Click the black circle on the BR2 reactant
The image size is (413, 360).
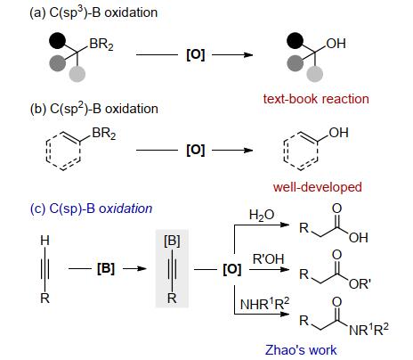pos(57,41)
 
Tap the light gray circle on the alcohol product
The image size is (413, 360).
pos(314,74)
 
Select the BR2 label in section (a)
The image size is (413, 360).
pos(101,45)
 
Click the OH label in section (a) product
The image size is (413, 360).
pos(336,44)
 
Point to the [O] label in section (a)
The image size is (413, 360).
pos(196,54)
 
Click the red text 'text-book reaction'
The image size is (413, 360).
pos(316,99)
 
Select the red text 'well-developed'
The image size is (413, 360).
pos(318,187)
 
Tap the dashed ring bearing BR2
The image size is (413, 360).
pos(64,151)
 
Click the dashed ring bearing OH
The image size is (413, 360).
pos(301,151)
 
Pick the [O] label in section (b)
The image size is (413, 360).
pos(196,150)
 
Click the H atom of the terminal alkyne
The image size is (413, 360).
pos(45,240)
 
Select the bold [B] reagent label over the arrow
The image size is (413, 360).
pos(106,268)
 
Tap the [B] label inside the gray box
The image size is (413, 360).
pos(172,241)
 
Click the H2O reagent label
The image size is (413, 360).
pos(262,215)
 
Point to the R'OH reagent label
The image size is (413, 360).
pos(268,259)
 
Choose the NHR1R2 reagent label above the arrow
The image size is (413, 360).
pos(264,303)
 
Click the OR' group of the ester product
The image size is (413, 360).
pos(360,284)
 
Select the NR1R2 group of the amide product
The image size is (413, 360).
pos(368,329)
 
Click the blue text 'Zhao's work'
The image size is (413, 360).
pos(301,350)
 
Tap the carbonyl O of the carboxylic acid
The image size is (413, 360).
pos(336,209)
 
